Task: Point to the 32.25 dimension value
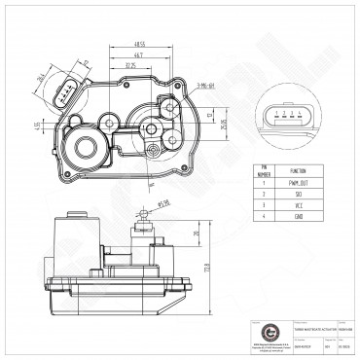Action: coord(130,66)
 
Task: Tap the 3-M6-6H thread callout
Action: coord(206,87)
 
